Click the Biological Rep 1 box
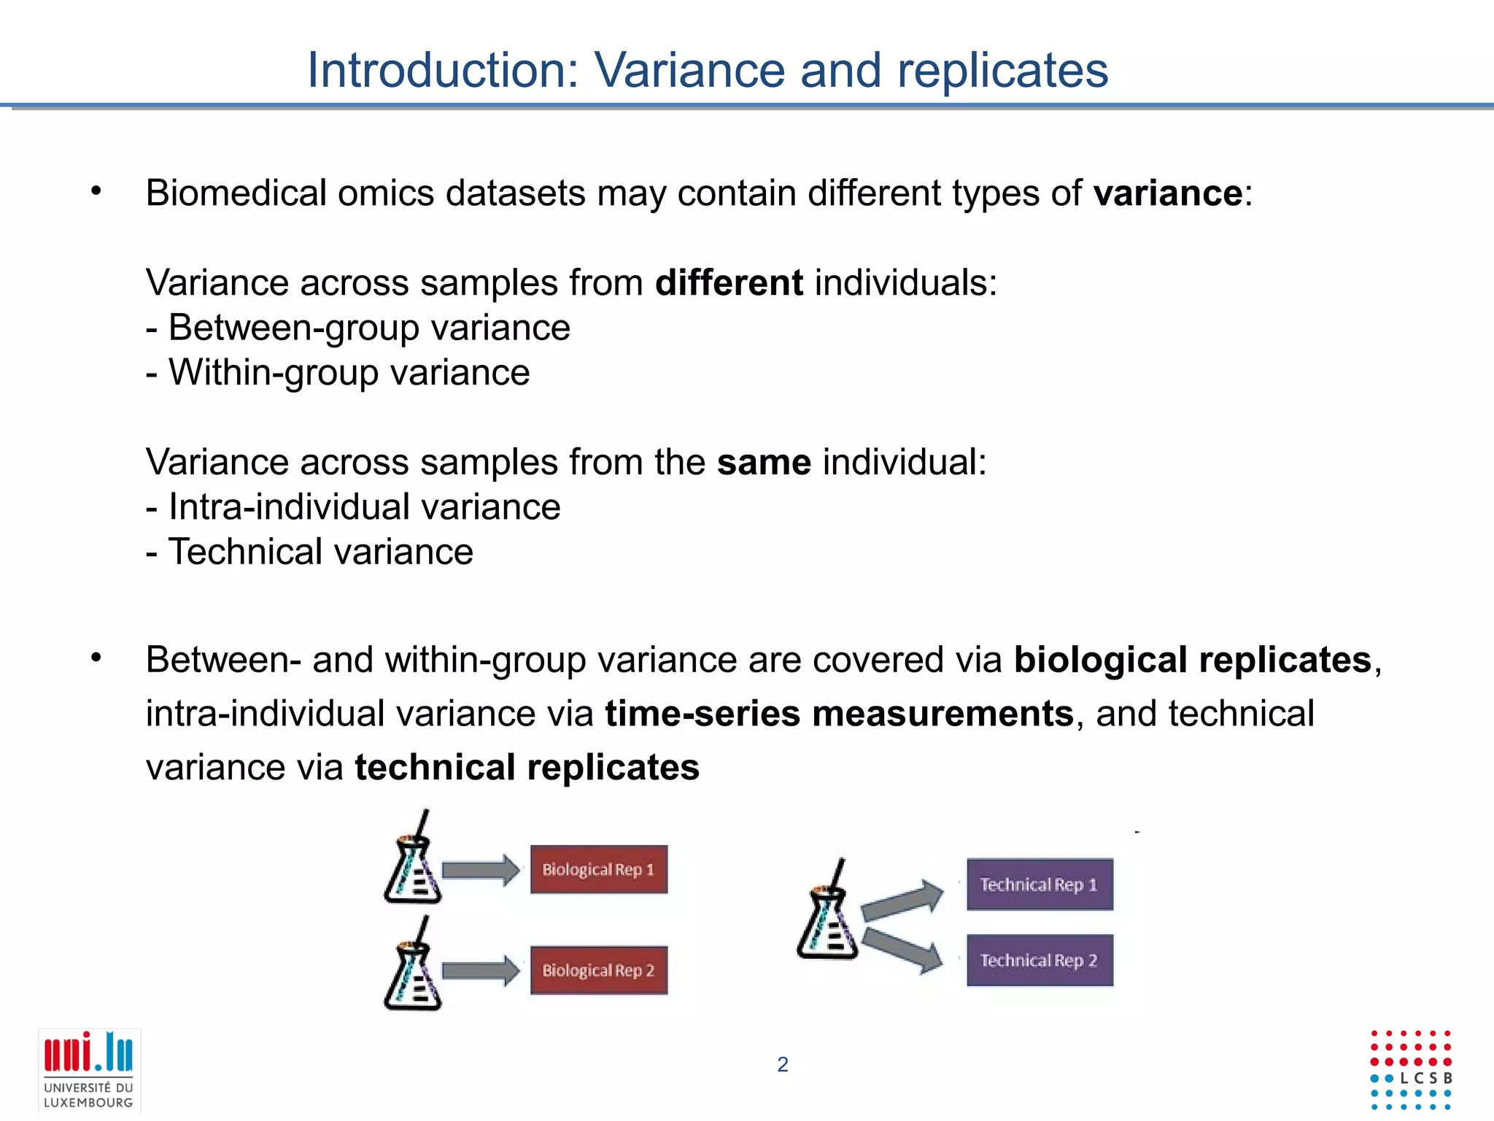598,869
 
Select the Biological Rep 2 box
598,970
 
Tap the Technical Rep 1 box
1040,885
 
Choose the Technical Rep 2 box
1040,960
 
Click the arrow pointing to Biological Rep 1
480,871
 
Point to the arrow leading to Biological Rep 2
480,971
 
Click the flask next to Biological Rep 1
412,864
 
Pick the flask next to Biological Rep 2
412,971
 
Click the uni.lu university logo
89,1070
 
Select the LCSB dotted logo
1411,1070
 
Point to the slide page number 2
783,1065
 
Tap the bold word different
729,282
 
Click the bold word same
764,462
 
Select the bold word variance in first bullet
1168,193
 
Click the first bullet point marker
96,192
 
